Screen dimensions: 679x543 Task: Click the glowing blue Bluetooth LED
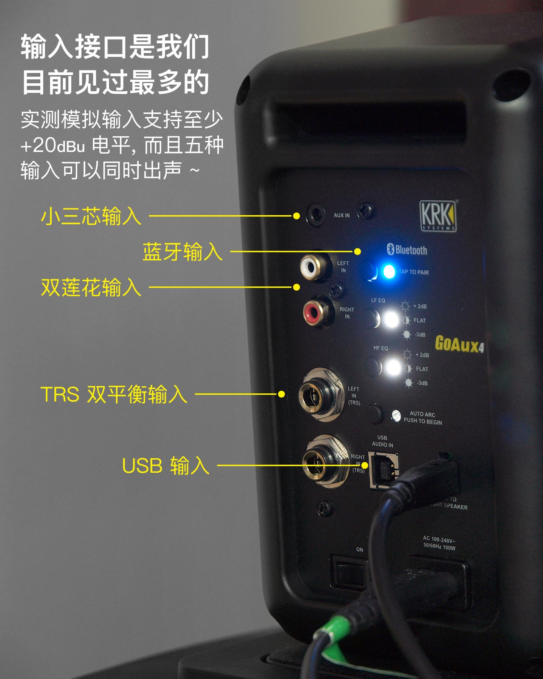pos(389,272)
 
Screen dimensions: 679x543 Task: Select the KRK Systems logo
pos(438,216)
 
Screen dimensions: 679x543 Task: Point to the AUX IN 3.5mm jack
pos(316,215)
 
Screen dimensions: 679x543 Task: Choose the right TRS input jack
pos(322,462)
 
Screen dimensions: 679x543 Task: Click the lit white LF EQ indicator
pos(391,319)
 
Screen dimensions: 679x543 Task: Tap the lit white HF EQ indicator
pos(393,367)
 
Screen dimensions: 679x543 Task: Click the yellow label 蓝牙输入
pos(182,252)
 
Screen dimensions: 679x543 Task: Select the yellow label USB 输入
pos(166,466)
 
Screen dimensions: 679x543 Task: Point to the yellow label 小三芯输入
pos(91,216)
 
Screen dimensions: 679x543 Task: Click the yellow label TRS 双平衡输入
pos(114,394)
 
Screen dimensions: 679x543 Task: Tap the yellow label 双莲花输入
pos(91,287)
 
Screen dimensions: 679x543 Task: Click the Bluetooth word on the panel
pos(411,250)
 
